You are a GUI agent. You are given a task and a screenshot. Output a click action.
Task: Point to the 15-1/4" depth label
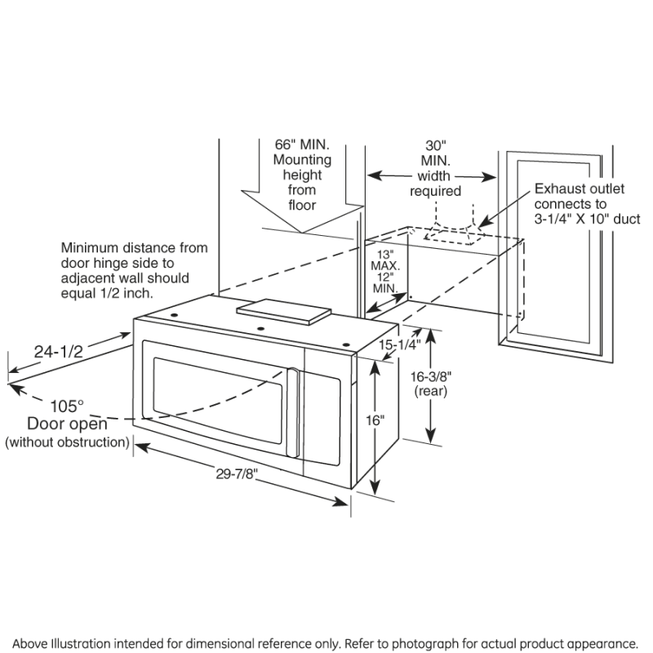point(399,345)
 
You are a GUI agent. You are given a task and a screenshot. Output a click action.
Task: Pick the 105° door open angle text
point(67,406)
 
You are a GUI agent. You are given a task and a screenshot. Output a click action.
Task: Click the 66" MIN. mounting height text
point(301,144)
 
